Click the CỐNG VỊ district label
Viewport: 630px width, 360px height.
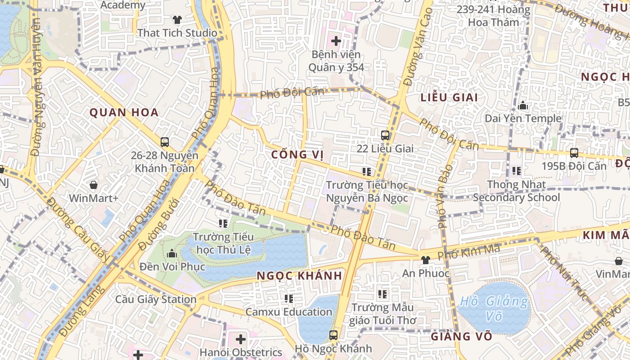tap(297, 155)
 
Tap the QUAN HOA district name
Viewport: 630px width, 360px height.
tap(124, 112)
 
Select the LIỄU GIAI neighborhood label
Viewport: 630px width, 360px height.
tap(449, 97)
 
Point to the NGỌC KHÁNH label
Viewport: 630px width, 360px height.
tap(300, 276)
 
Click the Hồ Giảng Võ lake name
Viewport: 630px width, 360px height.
tap(494, 309)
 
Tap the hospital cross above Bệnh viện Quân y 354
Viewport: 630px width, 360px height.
tap(336, 41)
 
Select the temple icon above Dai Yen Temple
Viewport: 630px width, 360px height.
tap(523, 106)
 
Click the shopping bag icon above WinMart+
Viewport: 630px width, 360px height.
tap(94, 185)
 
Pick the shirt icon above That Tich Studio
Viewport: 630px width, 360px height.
tap(177, 20)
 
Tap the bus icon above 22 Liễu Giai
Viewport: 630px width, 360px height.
tap(385, 135)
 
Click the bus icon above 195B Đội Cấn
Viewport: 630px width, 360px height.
tap(574, 153)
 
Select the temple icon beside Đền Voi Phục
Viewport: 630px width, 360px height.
tap(171, 253)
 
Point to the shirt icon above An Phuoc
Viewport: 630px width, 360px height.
tap(425, 260)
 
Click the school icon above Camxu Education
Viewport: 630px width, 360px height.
tap(289, 298)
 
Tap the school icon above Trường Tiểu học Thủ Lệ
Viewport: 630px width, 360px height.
tap(223, 223)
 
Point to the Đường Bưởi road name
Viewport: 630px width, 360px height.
tap(158, 225)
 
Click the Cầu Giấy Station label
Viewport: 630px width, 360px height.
tap(156, 299)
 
